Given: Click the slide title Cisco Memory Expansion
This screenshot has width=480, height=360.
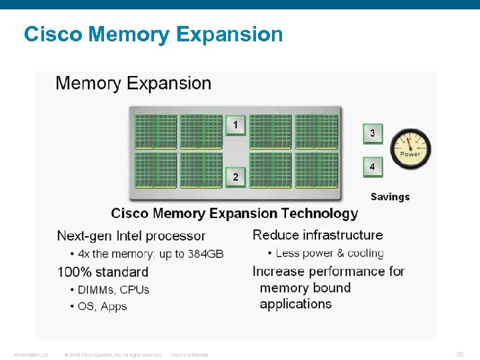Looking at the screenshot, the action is (153, 34).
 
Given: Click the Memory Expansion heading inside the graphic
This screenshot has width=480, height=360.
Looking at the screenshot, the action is (133, 83).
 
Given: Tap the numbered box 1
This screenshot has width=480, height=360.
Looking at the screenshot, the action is (235, 125).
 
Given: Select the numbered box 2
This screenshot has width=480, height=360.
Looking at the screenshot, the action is (235, 177).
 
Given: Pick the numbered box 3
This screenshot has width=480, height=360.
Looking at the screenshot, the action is (372, 133).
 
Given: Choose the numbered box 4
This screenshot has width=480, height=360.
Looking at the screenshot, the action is (372, 166).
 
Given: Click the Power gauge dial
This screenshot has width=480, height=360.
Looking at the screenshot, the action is (410, 149).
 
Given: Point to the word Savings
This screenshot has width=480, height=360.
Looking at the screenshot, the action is (390, 197).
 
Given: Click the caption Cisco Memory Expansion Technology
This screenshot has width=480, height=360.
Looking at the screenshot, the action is (234, 213).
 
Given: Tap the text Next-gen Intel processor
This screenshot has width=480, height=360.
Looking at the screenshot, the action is (131, 236).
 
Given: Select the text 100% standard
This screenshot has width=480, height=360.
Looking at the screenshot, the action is (103, 272).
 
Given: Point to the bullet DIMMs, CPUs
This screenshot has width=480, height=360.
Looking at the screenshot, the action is (113, 290).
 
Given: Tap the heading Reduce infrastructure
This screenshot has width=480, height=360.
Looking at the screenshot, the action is (317, 235).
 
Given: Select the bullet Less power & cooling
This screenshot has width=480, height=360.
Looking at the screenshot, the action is (329, 253).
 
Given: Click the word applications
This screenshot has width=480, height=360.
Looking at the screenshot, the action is (295, 304).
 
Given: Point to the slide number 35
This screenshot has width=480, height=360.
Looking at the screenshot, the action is (459, 355).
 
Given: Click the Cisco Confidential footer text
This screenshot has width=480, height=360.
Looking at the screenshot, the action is (189, 355).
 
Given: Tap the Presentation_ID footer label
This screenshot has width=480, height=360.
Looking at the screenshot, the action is (31, 355).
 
